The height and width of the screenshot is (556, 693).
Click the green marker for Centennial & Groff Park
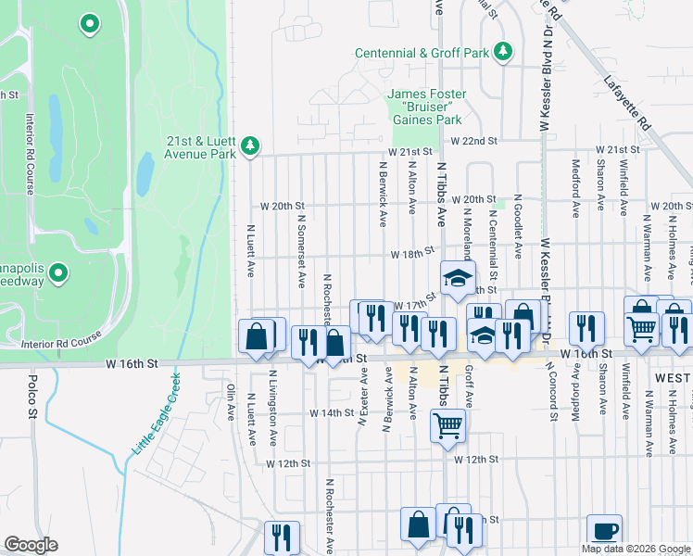click(503, 52)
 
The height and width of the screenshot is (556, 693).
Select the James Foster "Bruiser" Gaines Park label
click(424, 107)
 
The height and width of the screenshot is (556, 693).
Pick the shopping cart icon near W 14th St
click(447, 426)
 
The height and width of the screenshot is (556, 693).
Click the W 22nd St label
click(473, 141)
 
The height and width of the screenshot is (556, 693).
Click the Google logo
click(30, 545)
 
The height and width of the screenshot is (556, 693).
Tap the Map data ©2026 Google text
click(635, 549)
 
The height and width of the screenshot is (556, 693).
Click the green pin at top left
click(90, 23)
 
